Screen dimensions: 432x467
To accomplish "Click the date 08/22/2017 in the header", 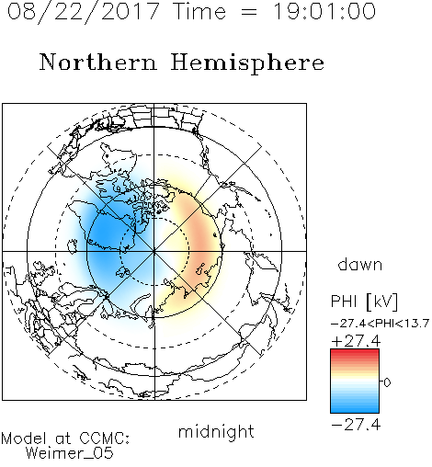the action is [x=84, y=12].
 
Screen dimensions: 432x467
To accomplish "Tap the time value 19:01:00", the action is [x=324, y=11].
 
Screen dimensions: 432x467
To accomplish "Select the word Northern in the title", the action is [x=98, y=62].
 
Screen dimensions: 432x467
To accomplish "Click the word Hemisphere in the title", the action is [x=247, y=63].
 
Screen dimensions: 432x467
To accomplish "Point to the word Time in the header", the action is [x=199, y=11].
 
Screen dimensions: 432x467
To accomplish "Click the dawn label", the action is [x=360, y=265].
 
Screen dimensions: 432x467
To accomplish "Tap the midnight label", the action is [x=216, y=432].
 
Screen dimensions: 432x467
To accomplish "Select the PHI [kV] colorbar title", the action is [x=365, y=302].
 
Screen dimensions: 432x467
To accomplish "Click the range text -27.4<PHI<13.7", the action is [x=380, y=324].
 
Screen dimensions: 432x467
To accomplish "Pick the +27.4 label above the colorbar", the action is [x=356, y=341].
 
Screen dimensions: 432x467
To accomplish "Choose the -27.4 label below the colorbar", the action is [x=356, y=425].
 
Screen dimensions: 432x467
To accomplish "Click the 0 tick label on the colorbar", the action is [x=387, y=382].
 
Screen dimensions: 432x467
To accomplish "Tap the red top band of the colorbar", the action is [x=355, y=353].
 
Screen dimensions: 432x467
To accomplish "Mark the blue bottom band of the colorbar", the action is [x=355, y=409].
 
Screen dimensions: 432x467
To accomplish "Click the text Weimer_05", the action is [x=70, y=453].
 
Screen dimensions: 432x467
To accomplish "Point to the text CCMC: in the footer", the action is [x=105, y=439].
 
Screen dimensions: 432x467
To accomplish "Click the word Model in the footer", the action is [x=25, y=439].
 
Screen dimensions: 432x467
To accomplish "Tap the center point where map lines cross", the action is [x=154, y=251].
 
